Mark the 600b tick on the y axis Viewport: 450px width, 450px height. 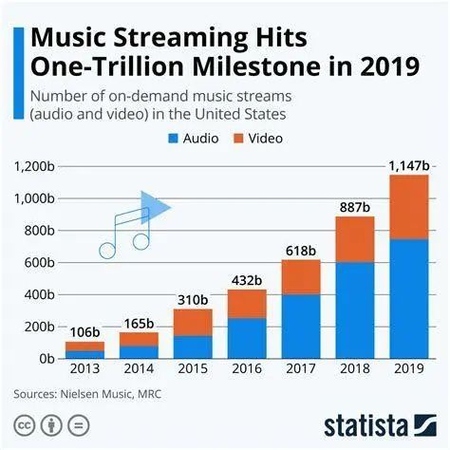(40, 262)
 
